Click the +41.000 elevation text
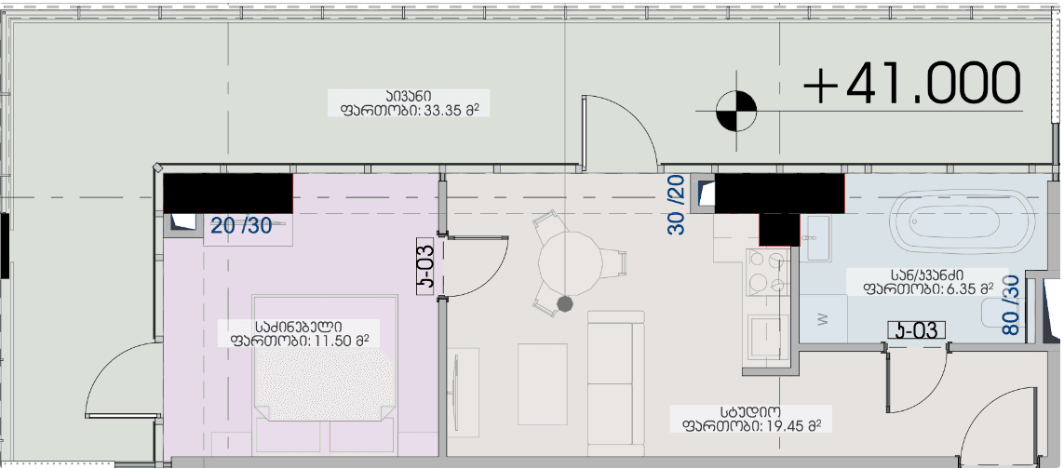[912, 85]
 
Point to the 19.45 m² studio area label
[749, 419]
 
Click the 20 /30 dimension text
[241, 225]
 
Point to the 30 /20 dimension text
[677, 205]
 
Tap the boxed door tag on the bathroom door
[916, 329]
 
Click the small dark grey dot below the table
[563, 302]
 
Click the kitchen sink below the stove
[769, 330]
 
